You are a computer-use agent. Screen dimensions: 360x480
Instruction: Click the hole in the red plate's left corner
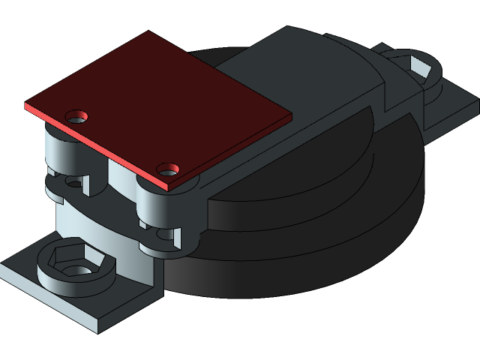tap(76, 117)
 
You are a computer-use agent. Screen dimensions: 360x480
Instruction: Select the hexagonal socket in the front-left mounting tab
tap(70, 260)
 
